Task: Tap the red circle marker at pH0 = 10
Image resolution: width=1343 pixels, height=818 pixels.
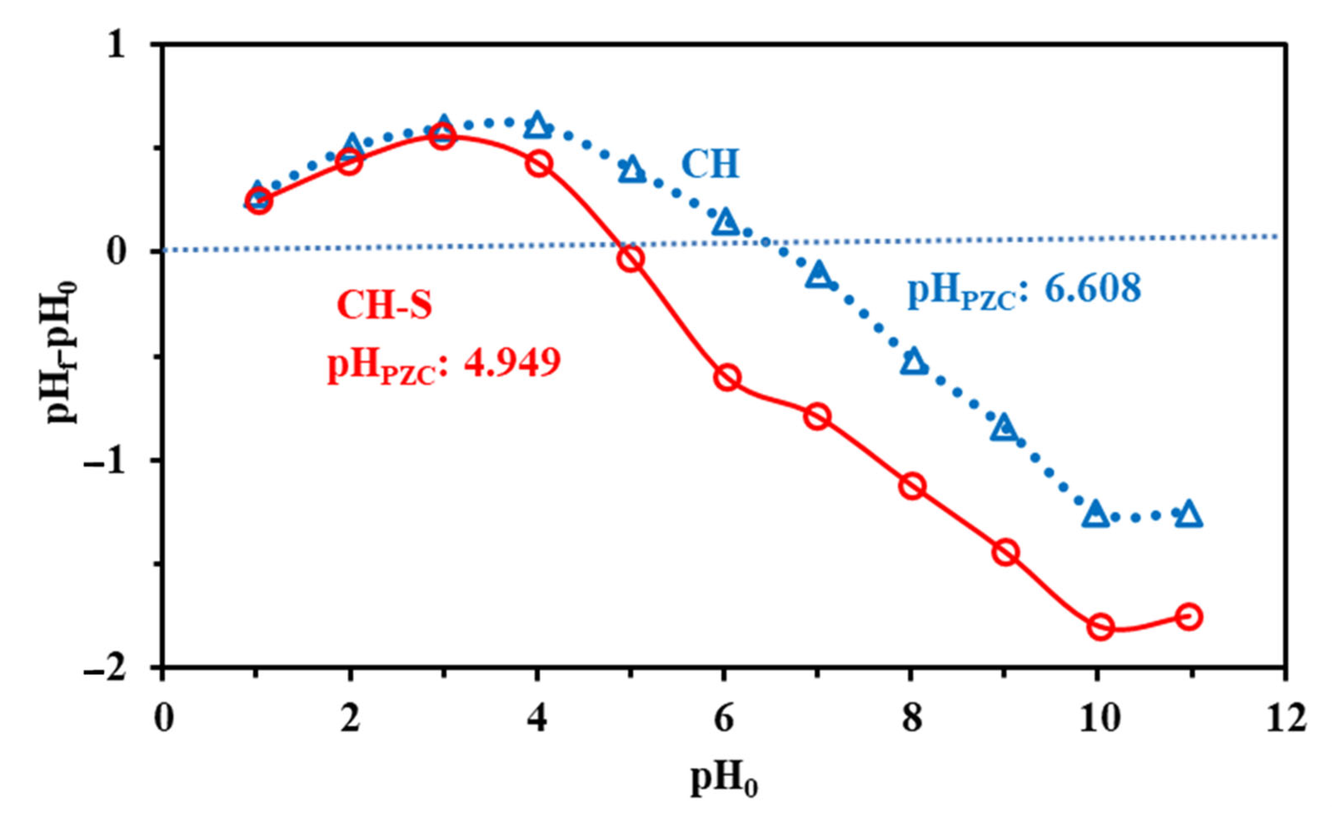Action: point(1101,627)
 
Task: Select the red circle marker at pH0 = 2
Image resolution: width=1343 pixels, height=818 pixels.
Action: point(349,162)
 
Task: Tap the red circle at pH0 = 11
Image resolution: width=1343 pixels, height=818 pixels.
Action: point(1189,617)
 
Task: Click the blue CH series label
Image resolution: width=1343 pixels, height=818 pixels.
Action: point(710,164)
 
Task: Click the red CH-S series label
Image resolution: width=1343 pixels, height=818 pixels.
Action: point(384,305)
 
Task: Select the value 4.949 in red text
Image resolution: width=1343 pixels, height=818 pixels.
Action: point(511,362)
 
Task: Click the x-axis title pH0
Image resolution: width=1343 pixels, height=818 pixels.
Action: point(724,781)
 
